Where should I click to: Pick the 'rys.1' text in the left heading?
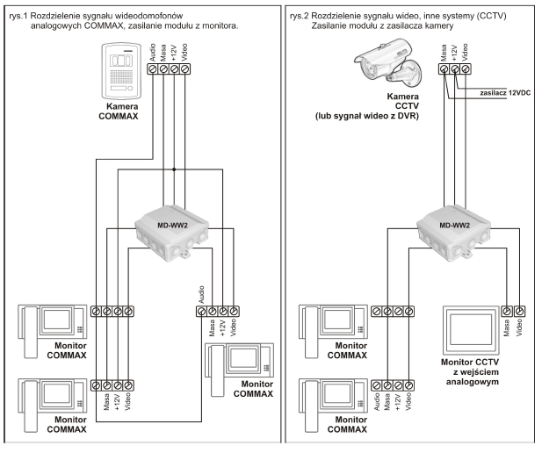[x=20, y=16]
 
